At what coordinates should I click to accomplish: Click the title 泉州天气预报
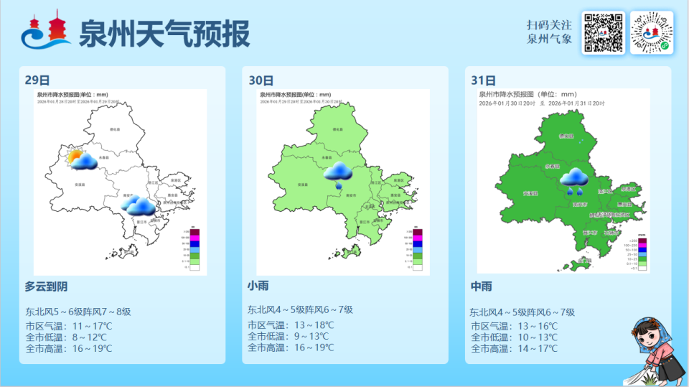164,33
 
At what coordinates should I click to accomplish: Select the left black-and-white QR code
603,32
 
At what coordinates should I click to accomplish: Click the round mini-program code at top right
652,32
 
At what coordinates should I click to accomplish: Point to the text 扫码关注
549,24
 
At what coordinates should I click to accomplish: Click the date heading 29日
37,80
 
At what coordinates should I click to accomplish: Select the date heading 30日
261,80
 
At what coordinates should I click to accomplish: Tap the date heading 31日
483,80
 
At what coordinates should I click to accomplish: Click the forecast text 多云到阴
46,286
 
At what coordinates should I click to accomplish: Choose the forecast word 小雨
258,286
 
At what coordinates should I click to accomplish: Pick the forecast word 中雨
481,286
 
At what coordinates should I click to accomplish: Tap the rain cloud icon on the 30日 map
337,172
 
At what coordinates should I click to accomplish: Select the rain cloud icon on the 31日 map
573,179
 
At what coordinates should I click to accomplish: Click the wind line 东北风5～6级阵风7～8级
78,312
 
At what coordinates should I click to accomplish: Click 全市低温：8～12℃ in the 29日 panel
66,337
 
